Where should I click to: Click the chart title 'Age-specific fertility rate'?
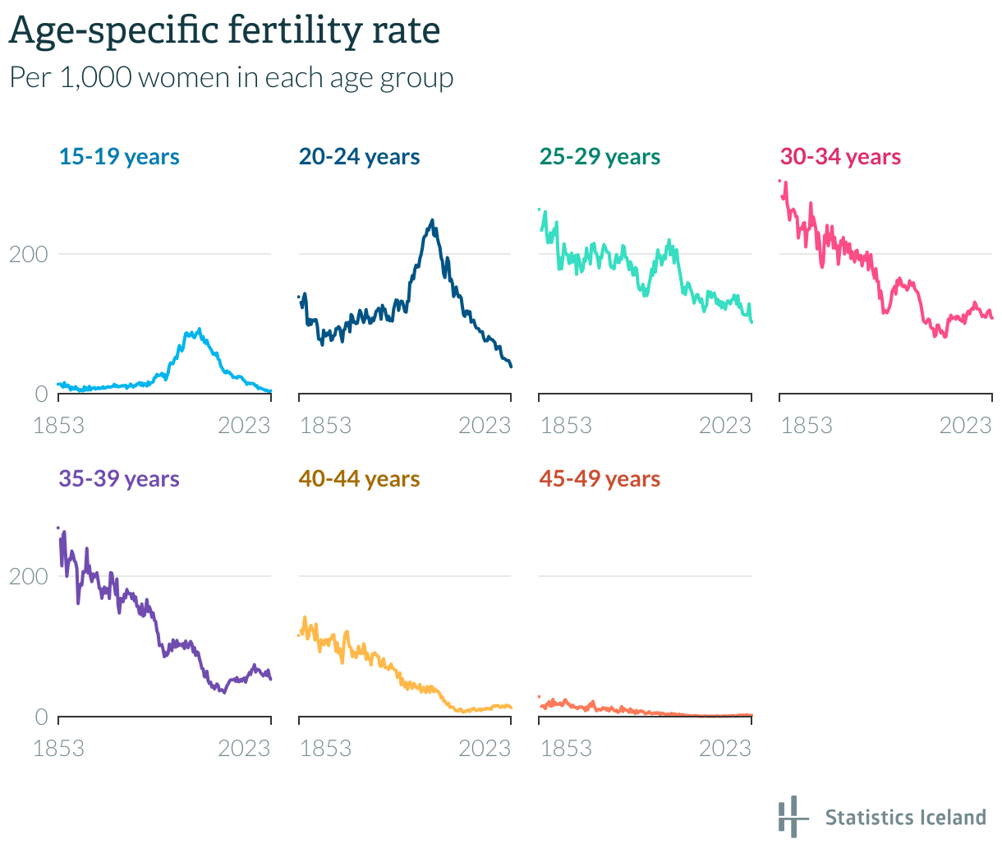[224, 31]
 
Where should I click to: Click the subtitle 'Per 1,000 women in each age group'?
[231, 77]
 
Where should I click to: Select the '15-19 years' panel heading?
[119, 156]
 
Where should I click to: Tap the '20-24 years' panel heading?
[359, 156]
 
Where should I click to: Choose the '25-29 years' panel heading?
[600, 156]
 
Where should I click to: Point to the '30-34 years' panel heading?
[840, 156]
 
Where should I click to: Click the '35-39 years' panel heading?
[119, 478]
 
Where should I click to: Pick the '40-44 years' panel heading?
[359, 478]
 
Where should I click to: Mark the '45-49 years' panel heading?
[600, 478]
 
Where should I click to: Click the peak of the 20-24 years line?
[432, 221]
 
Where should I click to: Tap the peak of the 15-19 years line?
[199, 330]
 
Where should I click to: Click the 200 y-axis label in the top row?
[29, 254]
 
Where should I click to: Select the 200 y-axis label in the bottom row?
[29, 576]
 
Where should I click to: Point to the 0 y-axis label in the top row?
[41, 394]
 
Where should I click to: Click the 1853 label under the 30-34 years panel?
[806, 425]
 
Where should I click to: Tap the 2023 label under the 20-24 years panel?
[485, 425]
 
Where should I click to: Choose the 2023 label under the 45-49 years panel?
[725, 748]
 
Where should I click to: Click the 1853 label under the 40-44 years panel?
[325, 748]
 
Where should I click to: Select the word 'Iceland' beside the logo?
[954, 817]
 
